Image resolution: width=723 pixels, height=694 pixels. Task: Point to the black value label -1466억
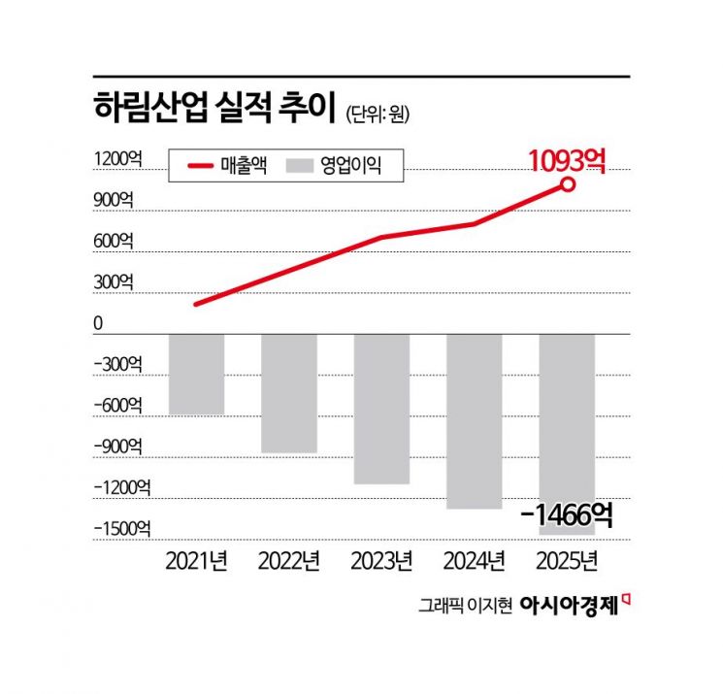pos(566,515)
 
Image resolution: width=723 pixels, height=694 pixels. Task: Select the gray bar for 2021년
pos(197,374)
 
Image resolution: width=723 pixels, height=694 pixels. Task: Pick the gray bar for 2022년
pos(288,393)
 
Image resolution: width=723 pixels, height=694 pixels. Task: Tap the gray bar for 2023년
pos(380,409)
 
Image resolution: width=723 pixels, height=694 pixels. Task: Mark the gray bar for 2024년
pos(474,421)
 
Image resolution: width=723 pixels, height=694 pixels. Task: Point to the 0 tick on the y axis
pos(98,323)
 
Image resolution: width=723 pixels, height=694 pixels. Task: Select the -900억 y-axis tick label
pos(117,446)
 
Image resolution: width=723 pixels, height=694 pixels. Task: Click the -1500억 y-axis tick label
pos(121,529)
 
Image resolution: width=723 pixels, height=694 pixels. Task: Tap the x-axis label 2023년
pos(380,561)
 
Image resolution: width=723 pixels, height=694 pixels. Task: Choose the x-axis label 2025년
pos(567,561)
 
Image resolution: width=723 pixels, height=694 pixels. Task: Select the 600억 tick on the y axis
pos(114,241)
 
